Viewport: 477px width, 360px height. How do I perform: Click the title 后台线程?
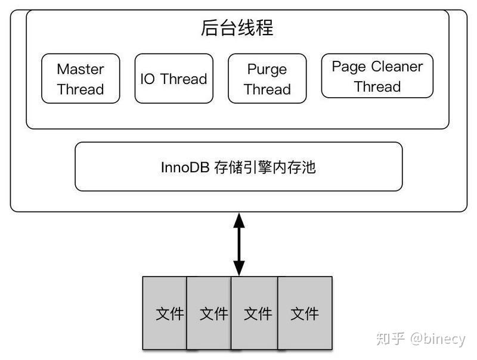[x=237, y=28]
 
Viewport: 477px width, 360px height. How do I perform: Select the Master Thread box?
[x=80, y=79]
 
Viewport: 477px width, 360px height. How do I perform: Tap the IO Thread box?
[x=174, y=79]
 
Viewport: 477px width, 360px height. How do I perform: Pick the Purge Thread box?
[x=267, y=79]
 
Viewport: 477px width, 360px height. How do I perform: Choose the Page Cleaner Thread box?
[x=377, y=76]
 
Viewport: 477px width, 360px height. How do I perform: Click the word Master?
[x=80, y=69]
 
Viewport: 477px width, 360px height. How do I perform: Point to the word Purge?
[x=267, y=69]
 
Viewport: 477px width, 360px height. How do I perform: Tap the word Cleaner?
[x=397, y=66]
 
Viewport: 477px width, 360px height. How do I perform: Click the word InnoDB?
[x=185, y=167]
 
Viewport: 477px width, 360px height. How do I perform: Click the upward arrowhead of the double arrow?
[x=239, y=221]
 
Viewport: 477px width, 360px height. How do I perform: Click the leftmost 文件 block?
[x=165, y=313]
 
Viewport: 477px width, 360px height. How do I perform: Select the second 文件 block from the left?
[x=210, y=313]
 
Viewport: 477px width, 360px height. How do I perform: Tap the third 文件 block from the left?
[x=255, y=313]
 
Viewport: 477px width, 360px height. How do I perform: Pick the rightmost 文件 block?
[x=305, y=313]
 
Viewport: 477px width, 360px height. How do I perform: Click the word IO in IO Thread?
[x=147, y=79]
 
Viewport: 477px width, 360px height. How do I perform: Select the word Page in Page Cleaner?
[x=349, y=66]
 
